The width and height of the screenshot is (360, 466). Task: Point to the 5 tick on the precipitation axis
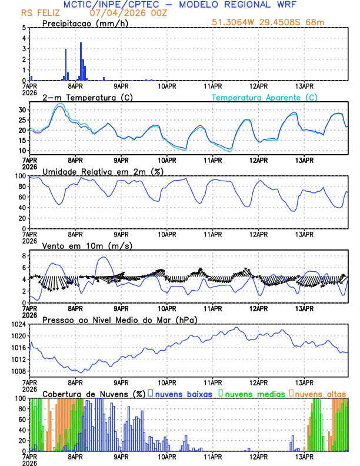click(23, 28)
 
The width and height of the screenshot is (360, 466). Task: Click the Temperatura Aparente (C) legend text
click(265, 97)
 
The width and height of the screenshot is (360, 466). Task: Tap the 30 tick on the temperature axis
click(21, 110)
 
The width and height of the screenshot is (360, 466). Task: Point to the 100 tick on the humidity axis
click(20, 176)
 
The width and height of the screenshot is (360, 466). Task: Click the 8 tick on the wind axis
click(23, 256)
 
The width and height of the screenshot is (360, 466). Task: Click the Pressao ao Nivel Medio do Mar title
click(120, 319)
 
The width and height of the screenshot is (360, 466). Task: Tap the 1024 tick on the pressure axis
click(17, 324)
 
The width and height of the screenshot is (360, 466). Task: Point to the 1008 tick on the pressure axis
click(17, 371)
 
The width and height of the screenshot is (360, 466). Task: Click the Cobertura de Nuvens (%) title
click(94, 393)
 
